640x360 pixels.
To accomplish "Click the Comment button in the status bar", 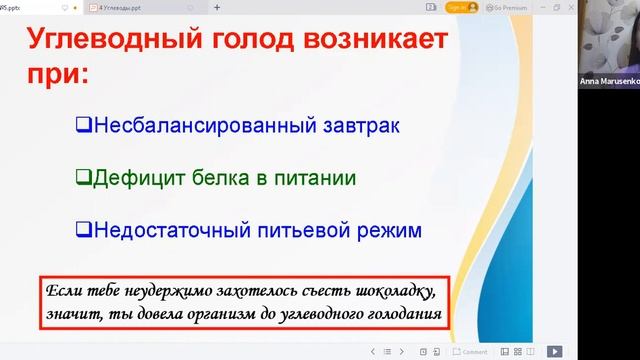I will (x=471, y=352).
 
